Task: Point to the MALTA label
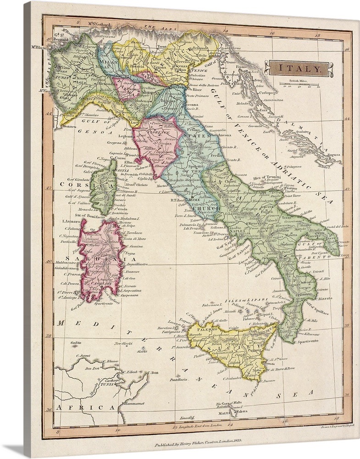click(x=224, y=413)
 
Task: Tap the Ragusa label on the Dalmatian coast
click(x=333, y=155)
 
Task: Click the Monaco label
click(x=69, y=125)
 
